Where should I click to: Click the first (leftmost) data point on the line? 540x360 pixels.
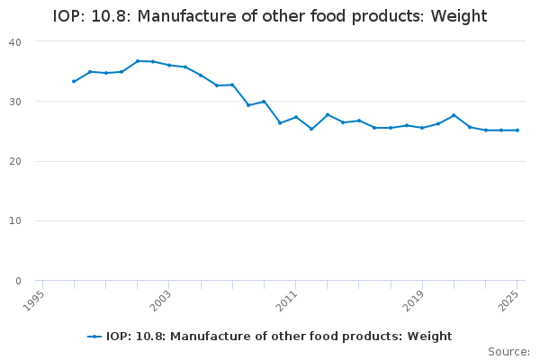pos(74,81)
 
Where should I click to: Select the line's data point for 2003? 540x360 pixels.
pos(169,65)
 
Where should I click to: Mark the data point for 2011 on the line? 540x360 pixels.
pos(295,117)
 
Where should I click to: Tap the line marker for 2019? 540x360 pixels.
pos(422,128)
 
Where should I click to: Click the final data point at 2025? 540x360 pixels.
pos(517,130)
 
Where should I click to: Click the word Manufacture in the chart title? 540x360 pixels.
pos(177,16)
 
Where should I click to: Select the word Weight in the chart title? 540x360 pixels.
pos(459,16)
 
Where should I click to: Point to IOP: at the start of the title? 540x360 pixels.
pos(70,16)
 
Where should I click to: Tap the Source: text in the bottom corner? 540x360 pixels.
pos(508,351)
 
